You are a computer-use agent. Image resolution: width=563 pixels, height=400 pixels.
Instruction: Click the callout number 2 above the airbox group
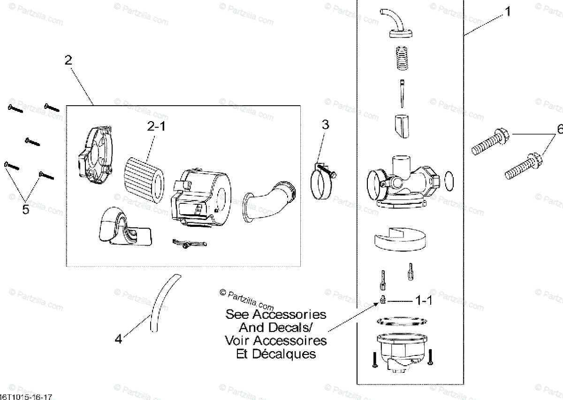[x=68, y=60]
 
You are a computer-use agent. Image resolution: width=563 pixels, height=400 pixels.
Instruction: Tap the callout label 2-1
[x=157, y=126]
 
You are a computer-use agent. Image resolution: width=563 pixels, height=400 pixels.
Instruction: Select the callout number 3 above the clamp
[x=325, y=125]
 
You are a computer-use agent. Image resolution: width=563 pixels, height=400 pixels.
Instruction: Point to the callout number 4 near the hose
[x=119, y=338]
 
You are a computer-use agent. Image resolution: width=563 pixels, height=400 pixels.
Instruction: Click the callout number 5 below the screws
[x=26, y=209]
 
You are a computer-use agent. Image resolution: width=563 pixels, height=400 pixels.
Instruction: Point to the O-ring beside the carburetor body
[x=448, y=181]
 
